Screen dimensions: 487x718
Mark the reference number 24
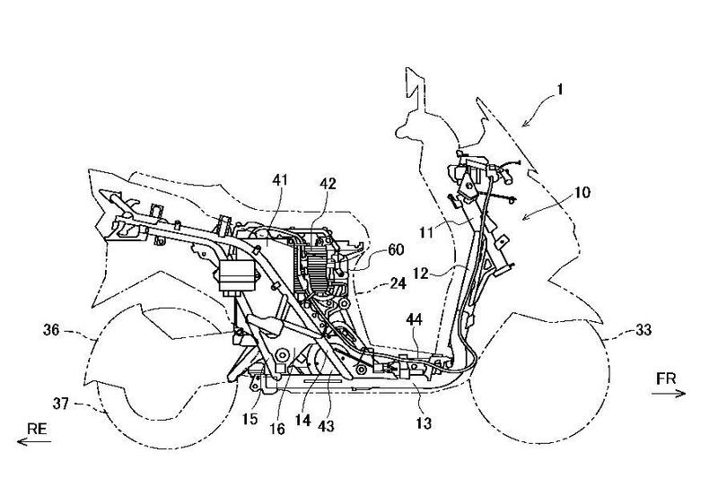coord(398,283)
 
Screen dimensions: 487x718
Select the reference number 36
coord(49,331)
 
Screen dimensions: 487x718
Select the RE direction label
coord(37,429)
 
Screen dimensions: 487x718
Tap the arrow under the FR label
coord(668,393)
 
